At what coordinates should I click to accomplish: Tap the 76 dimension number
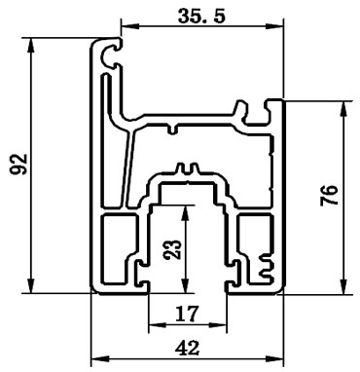[x=329, y=199]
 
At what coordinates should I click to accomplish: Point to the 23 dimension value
[x=172, y=248]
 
